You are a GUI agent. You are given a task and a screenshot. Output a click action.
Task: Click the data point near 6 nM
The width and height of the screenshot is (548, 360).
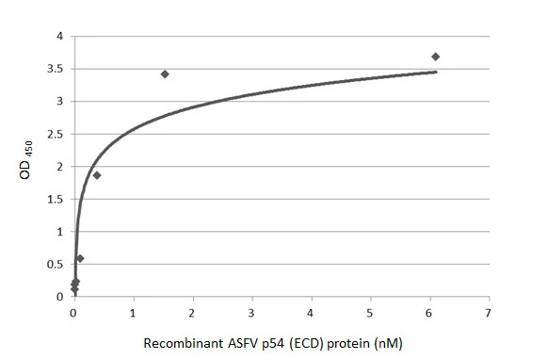(435, 57)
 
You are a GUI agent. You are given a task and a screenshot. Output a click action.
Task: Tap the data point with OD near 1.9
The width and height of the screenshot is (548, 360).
(97, 175)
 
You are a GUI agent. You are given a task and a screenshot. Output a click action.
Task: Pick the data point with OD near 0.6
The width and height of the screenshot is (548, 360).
(80, 258)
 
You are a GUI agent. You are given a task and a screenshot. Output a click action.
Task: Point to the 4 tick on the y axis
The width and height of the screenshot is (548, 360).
(59, 37)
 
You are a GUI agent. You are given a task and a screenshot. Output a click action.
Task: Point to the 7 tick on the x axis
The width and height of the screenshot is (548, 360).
(488, 312)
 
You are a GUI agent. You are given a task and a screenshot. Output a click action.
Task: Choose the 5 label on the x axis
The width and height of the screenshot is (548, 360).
(370, 312)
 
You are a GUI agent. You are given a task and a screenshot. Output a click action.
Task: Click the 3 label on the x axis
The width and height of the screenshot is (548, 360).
(251, 312)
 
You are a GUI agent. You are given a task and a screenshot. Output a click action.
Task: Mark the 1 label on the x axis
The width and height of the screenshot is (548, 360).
(134, 312)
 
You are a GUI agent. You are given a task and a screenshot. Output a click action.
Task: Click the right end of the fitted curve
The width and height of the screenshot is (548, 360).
(437, 72)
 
